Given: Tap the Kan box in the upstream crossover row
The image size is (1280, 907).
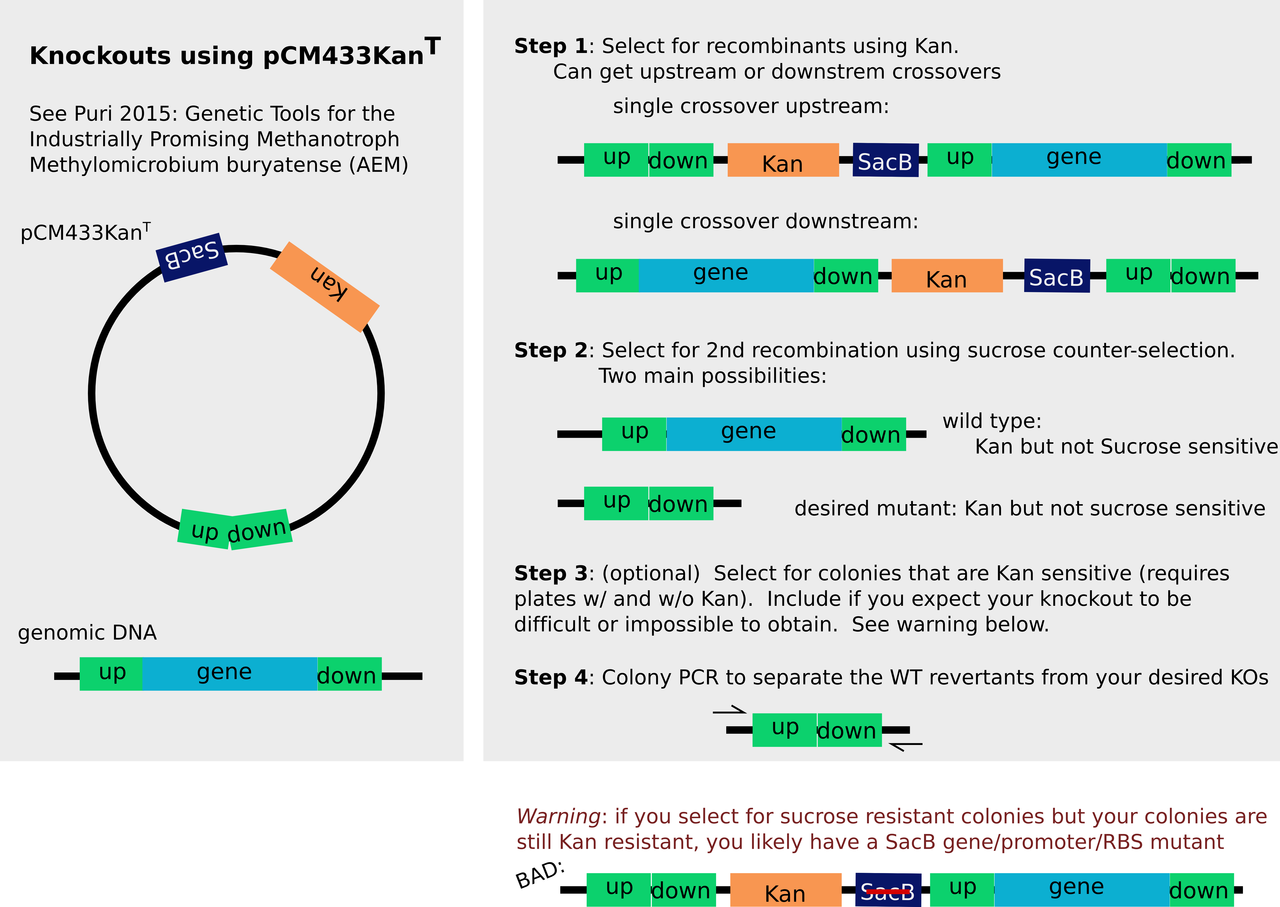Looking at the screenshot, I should coord(783,160).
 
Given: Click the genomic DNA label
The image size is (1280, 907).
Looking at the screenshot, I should coord(87,633).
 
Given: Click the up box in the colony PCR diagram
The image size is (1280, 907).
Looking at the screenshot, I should coord(785,730).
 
